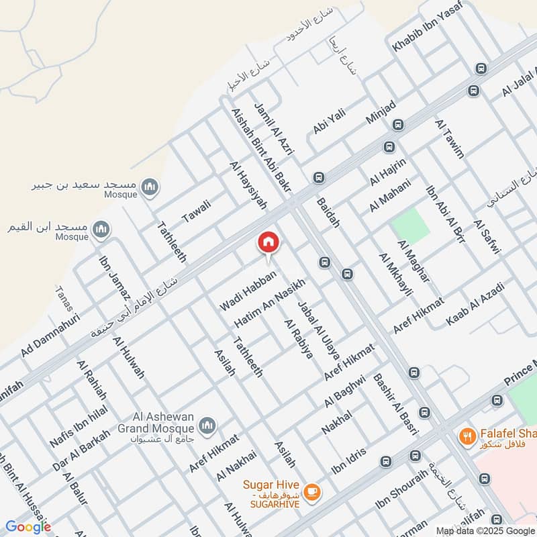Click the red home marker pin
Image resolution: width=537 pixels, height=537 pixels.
click(268, 243)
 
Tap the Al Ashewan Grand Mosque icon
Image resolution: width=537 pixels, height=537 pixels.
click(207, 425)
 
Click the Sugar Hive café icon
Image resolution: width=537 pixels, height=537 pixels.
click(310, 493)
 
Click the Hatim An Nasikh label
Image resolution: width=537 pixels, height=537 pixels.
click(270, 303)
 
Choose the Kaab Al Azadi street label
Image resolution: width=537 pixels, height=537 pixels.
click(474, 305)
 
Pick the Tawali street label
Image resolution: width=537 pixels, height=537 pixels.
click(196, 211)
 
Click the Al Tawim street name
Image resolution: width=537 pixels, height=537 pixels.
click(449, 138)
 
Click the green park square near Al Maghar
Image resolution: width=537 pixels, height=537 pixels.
click(411, 226)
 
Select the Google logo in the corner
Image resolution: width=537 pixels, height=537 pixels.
click(28, 527)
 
